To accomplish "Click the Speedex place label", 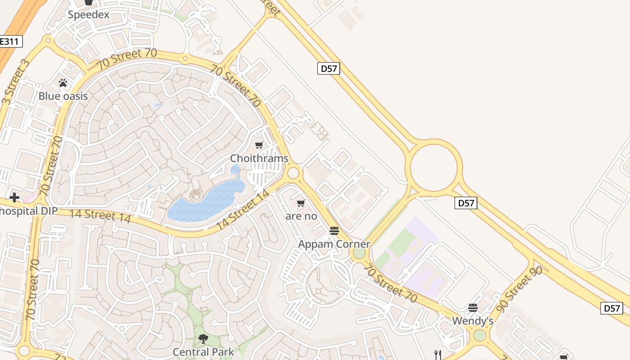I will [89, 15].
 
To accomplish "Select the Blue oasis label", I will [63, 96].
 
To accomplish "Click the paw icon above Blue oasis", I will [63, 83].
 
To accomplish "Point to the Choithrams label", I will [259, 158].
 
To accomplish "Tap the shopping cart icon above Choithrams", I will [259, 145].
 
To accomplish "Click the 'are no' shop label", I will [301, 216].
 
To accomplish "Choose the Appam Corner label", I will [334, 244].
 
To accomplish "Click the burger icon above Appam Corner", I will [334, 231].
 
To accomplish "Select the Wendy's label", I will [472, 321].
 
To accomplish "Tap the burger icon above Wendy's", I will [472, 308].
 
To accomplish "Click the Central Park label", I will [203, 351].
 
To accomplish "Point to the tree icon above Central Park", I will [203, 338].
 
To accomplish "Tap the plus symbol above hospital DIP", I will [14, 198].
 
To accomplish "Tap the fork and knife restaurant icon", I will [437, 355].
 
